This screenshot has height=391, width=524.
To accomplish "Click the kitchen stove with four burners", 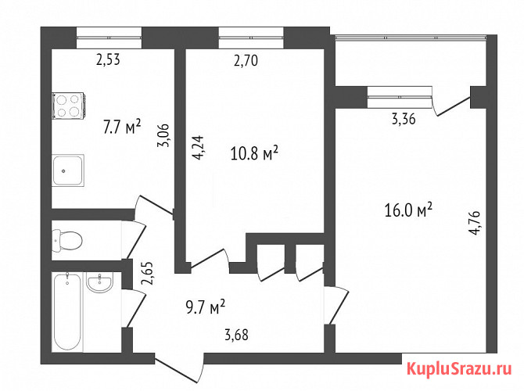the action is coord(69,106).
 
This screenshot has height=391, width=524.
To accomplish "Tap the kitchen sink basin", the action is coord(68,170).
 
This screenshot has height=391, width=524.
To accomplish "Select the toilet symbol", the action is coord(67,240).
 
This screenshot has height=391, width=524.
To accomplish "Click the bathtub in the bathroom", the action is coord(67,311).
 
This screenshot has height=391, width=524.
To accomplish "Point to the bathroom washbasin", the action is coord(99,282).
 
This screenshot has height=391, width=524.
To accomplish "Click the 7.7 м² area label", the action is coord(122,127).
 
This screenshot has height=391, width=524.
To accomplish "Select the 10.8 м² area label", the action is coord(254,153).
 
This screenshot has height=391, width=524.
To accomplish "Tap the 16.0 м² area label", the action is coord(408,210).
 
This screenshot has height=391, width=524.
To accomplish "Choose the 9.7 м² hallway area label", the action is coord(206,307).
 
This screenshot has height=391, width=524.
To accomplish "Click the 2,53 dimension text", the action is coord(108,59).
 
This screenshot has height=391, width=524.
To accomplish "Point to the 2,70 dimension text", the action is coord(246,61).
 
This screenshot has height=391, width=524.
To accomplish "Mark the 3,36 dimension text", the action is coord(404,119).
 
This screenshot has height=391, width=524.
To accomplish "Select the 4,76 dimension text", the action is coord(475,222).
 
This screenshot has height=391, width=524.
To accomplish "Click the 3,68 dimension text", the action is coord(236,335).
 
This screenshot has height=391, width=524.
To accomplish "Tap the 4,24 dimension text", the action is coord(199,147).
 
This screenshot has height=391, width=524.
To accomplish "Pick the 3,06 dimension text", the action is coord(164,135).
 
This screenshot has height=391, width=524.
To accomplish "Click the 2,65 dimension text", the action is coord(147,273).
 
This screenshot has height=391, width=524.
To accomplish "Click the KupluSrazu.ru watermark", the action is coord(459,369).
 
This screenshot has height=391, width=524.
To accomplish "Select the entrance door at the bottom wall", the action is coord(179,368).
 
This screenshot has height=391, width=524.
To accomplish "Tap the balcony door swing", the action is coord(451,106).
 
